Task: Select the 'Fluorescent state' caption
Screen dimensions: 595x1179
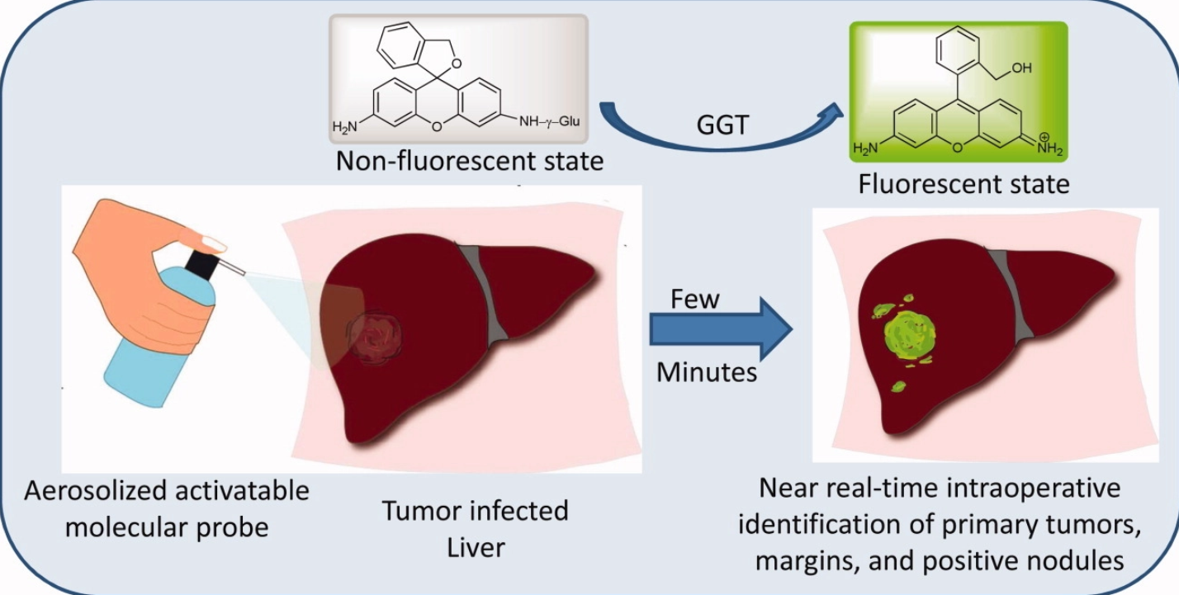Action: tap(964, 182)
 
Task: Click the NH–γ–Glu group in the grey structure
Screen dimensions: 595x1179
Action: tap(550, 122)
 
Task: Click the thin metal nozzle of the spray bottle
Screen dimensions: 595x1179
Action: tap(234, 268)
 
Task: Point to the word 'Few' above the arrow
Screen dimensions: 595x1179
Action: tap(694, 299)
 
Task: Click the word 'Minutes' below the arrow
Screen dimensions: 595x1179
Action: tap(707, 372)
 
